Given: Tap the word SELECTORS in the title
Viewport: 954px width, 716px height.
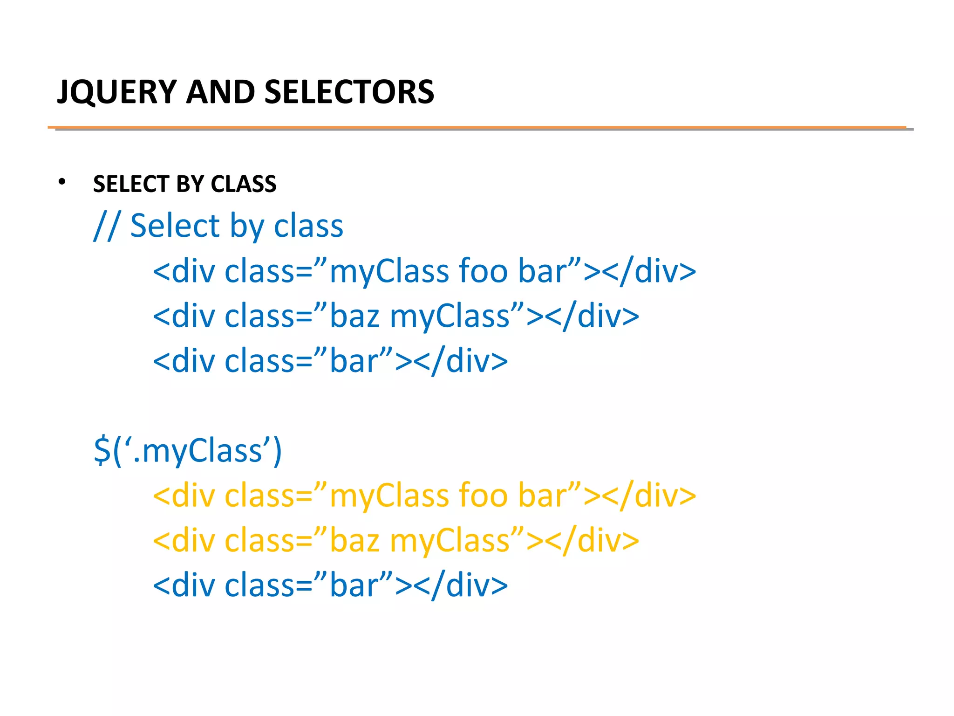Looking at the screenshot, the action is (x=349, y=92).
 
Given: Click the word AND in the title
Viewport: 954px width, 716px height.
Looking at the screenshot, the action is (x=220, y=92).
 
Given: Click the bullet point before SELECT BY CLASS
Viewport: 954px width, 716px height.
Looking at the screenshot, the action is (x=62, y=182).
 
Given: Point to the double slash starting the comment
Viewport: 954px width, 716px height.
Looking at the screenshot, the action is (x=107, y=226).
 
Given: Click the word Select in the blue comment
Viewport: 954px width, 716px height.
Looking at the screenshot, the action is (x=175, y=226).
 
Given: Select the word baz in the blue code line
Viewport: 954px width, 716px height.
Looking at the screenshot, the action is (x=354, y=316).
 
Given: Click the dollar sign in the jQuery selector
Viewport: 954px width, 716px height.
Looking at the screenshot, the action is (x=102, y=451).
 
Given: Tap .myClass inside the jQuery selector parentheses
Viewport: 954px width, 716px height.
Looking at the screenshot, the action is (x=198, y=451).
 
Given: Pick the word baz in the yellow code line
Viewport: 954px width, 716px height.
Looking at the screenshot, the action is (x=354, y=540).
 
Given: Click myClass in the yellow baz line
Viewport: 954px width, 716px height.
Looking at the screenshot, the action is (x=450, y=540).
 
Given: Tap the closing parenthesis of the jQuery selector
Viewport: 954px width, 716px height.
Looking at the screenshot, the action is (x=277, y=451).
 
